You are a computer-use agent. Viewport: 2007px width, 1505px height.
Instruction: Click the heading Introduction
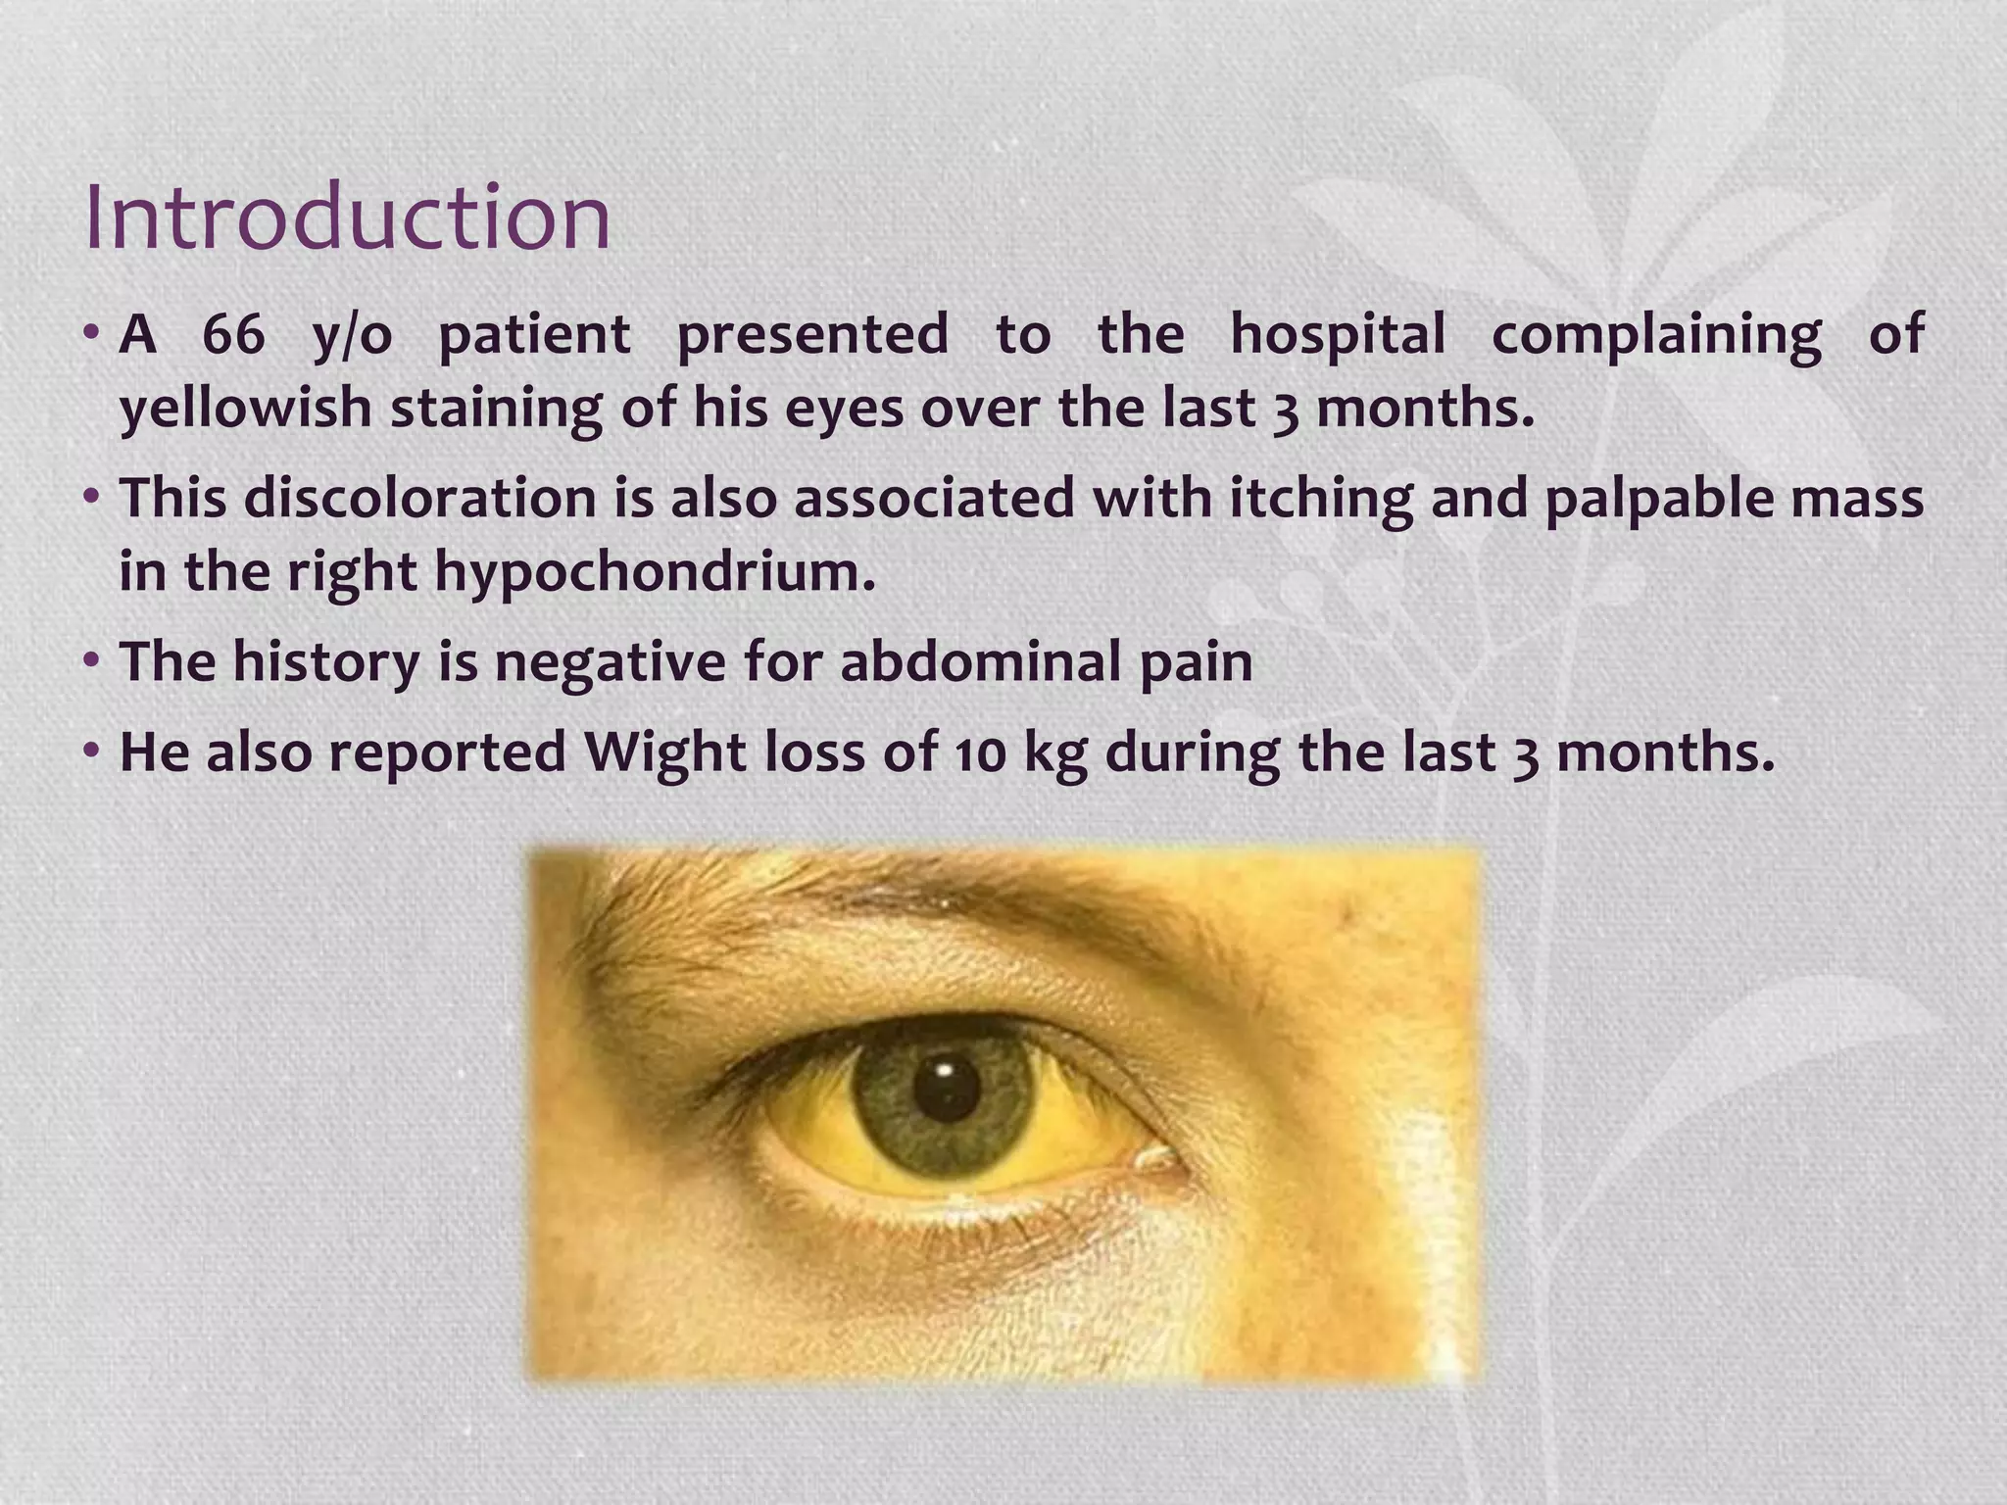(x=348, y=218)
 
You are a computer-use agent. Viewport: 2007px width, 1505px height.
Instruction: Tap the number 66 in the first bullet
(x=233, y=334)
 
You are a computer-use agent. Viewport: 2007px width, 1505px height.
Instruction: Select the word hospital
(x=1338, y=334)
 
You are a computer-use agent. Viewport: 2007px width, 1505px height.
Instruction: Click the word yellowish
(x=245, y=409)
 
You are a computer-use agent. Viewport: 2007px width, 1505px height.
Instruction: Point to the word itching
(x=1321, y=499)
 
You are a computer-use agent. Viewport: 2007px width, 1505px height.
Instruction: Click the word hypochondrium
(x=655, y=572)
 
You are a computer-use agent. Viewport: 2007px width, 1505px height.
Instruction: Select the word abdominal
(x=980, y=661)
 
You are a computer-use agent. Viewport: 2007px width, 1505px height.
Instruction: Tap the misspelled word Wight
(x=665, y=752)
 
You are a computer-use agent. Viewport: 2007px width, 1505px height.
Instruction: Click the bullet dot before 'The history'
(x=92, y=661)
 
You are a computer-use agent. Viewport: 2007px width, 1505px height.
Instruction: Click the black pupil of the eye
(x=946, y=1088)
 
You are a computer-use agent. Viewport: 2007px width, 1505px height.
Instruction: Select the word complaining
(x=1656, y=334)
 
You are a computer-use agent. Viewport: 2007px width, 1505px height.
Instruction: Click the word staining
(x=496, y=409)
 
